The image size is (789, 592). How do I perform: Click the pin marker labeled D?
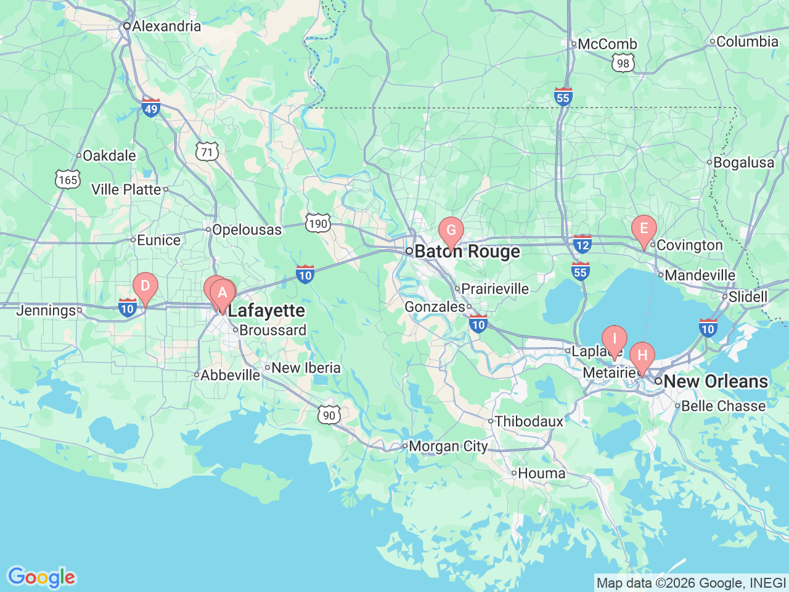pos(145,287)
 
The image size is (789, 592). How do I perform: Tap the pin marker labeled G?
pos(451,231)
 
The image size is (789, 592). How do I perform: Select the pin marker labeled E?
pos(644,229)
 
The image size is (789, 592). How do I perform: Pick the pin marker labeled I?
pos(614,340)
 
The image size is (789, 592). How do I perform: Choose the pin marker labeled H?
pos(642,356)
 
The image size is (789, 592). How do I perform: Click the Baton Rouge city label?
pos(467,252)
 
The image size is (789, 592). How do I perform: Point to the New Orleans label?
pos(716,382)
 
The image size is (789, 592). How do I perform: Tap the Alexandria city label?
pos(166,27)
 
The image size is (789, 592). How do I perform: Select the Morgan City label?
pos(448,446)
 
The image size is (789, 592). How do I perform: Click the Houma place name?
pos(541,474)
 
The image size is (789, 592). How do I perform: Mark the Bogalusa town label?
pos(743,163)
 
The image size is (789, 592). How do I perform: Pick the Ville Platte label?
pos(126,190)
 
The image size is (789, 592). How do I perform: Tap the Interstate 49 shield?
pos(151,107)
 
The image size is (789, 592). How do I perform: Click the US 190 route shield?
pos(318,223)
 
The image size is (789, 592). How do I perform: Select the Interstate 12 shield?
pos(583,244)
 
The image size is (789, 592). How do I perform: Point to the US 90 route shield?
pos(330,415)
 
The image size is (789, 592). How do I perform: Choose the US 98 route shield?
pos(623,63)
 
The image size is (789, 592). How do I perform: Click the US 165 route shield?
pos(68,179)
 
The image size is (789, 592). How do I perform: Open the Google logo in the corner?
pos(41,578)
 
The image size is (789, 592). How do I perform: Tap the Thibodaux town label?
pos(529,422)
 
